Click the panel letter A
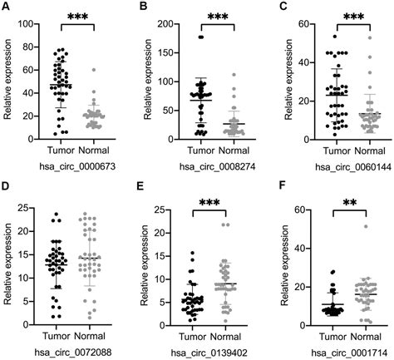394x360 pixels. click(6, 7)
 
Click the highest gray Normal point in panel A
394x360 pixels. click(93, 71)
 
